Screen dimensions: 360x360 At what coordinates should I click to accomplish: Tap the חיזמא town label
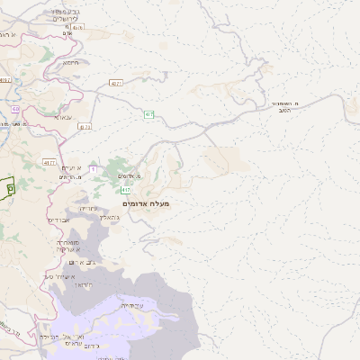[x=71, y=63]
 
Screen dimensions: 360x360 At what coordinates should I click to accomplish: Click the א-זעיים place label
[x=72, y=168]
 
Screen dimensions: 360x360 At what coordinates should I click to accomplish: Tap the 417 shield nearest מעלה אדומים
[x=126, y=190]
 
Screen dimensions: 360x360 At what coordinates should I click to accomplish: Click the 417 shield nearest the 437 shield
[x=148, y=114]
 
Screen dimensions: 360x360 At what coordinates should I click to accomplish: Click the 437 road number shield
[x=85, y=127]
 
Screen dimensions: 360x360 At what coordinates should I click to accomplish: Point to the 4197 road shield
[x=6, y=80]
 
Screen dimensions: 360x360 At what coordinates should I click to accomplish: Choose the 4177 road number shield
[x=49, y=162]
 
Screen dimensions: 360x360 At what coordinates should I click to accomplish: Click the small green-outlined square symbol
[x=10, y=188]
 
